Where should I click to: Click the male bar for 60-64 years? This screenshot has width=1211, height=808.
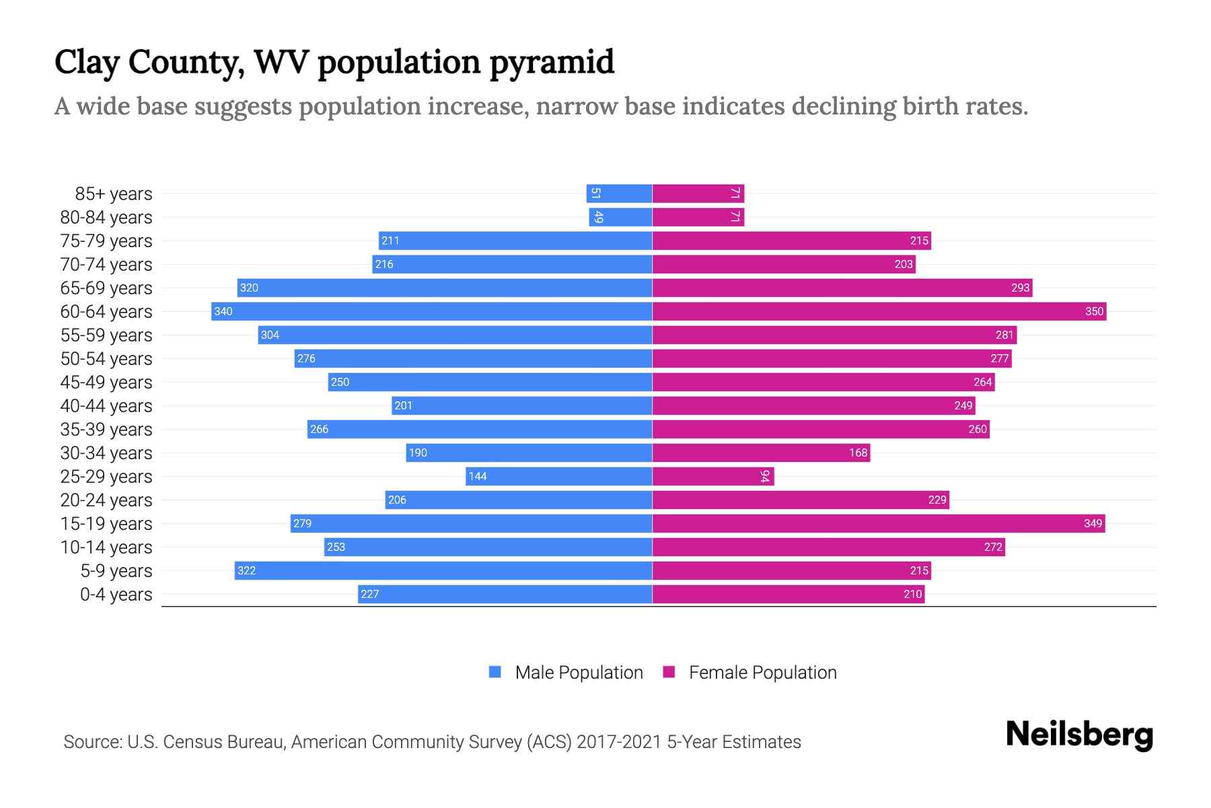click(431, 311)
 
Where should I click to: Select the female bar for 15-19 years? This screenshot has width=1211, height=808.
click(878, 523)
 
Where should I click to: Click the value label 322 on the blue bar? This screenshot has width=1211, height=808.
click(246, 570)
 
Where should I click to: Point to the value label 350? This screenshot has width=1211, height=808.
click(1094, 311)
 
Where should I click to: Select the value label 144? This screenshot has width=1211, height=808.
click(478, 476)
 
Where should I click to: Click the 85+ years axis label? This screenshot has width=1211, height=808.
click(113, 194)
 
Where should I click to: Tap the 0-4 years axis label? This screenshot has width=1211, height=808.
click(116, 595)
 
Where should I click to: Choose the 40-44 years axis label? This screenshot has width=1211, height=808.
click(106, 406)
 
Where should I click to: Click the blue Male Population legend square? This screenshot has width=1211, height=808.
click(495, 672)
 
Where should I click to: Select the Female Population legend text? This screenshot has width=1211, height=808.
click(762, 672)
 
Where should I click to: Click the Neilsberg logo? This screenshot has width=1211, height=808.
click(1079, 735)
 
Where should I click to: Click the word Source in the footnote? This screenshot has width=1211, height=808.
click(91, 742)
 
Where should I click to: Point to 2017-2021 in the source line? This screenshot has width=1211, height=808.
click(619, 742)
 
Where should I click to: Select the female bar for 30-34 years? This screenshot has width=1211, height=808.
click(761, 452)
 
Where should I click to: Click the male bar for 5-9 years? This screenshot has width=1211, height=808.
click(443, 570)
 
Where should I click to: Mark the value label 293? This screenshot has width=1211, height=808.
click(1020, 288)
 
